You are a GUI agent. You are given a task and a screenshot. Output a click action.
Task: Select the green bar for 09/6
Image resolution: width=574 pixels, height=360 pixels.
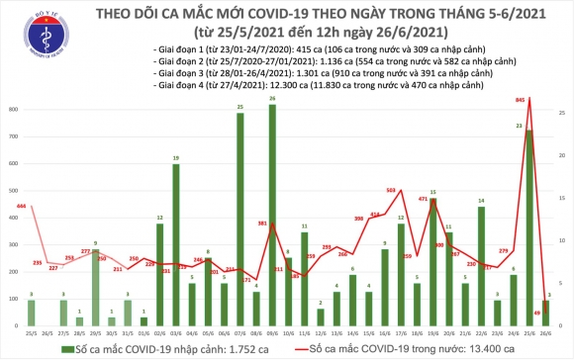tap(272, 217)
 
